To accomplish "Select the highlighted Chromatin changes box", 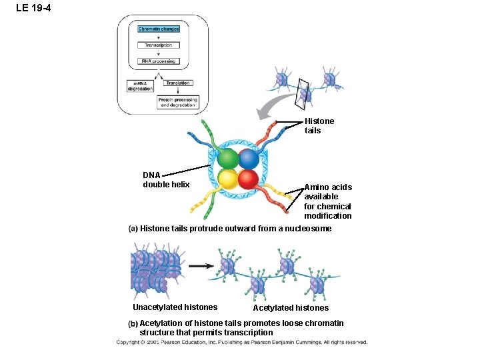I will (158, 29).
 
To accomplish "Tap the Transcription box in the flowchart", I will (158, 45).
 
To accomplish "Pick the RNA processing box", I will (158, 61).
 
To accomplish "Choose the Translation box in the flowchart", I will (177, 83).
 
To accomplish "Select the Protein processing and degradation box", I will (177, 102).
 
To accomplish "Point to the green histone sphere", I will (228, 159).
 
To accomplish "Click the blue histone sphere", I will (249, 159).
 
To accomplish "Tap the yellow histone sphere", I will (228, 179).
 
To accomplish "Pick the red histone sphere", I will (249, 179).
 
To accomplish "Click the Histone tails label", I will (319, 126).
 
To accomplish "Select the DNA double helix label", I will (166, 180).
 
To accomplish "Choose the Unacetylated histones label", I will (175, 307).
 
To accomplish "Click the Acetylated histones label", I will (291, 308).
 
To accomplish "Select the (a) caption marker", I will (133, 229).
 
